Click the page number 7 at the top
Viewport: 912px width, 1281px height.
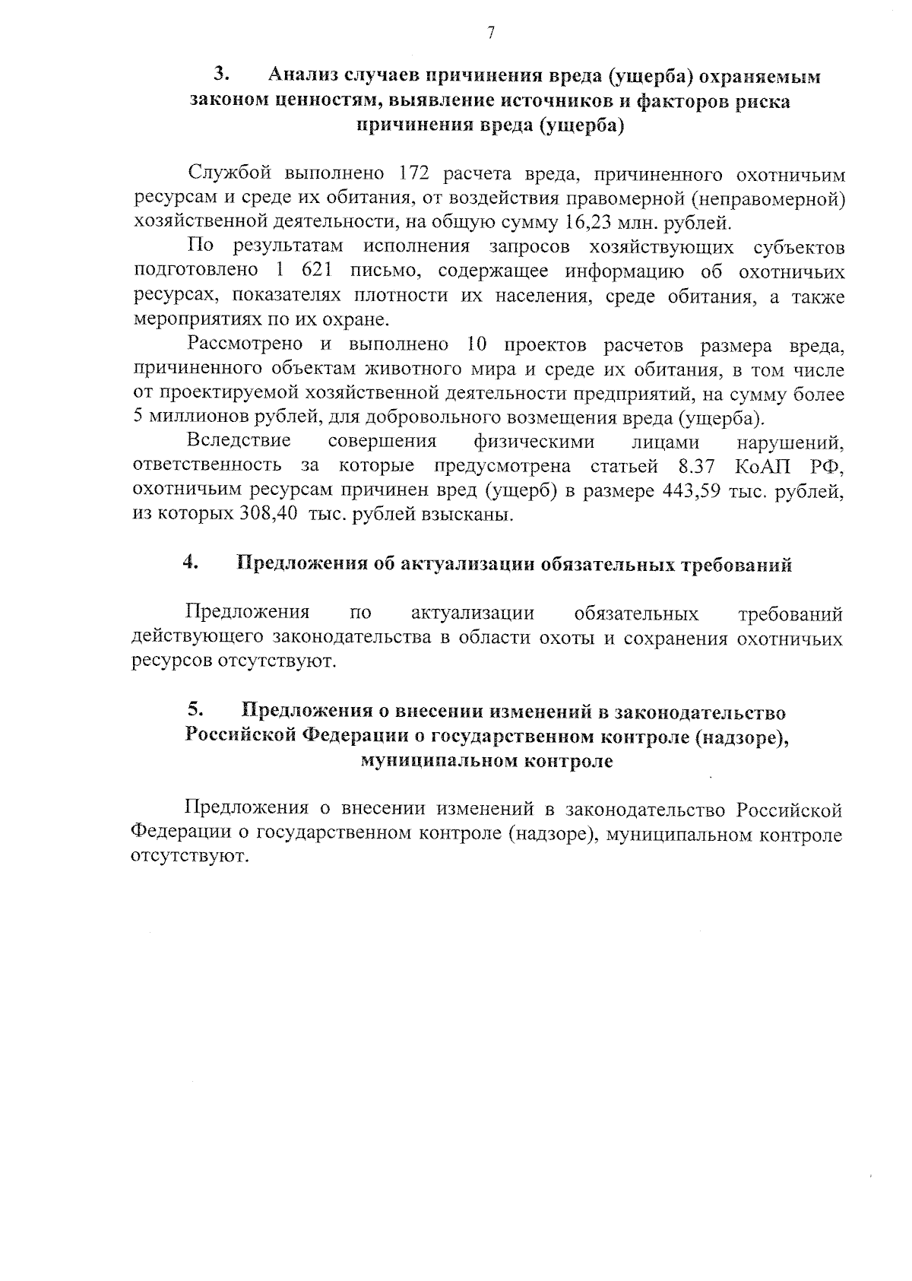[x=491, y=32]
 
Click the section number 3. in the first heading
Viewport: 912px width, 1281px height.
[x=222, y=75]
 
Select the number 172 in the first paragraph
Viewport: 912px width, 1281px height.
[x=414, y=174]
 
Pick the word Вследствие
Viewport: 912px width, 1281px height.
[x=239, y=442]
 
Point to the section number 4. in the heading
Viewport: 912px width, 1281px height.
[x=191, y=563]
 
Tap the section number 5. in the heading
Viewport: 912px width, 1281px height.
[x=195, y=710]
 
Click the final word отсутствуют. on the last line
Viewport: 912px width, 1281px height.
[x=191, y=858]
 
